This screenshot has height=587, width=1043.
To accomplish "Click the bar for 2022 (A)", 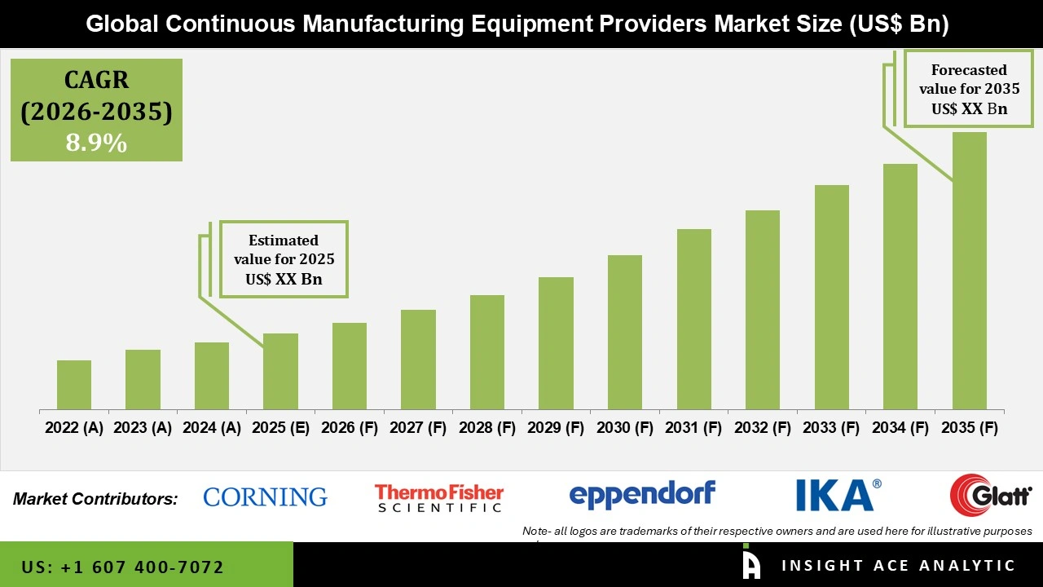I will [74, 385].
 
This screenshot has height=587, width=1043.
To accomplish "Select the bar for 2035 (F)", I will [969, 271].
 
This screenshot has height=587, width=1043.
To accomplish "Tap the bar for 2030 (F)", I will [624, 333].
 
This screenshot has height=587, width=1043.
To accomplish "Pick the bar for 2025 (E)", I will [280, 372].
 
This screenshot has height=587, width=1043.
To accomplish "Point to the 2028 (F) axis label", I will [487, 428].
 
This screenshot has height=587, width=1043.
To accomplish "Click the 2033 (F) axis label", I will [831, 428].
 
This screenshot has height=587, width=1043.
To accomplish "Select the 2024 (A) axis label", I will [212, 428].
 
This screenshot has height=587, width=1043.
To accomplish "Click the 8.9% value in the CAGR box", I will [96, 143].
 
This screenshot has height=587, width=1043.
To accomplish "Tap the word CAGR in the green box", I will [96, 81].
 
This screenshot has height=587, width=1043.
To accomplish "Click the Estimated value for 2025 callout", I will [284, 259].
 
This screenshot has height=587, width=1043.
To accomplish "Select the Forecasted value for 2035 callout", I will [969, 89].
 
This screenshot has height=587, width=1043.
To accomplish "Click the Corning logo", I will [265, 497].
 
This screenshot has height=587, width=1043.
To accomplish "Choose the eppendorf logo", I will [642, 495].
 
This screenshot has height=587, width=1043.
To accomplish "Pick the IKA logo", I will [838, 495].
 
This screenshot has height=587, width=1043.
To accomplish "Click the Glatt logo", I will [991, 495].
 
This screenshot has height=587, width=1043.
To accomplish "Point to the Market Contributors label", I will [95, 498].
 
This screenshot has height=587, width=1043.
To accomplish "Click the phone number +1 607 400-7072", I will [122, 567].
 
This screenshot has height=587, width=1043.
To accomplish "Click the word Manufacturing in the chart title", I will [395, 24].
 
